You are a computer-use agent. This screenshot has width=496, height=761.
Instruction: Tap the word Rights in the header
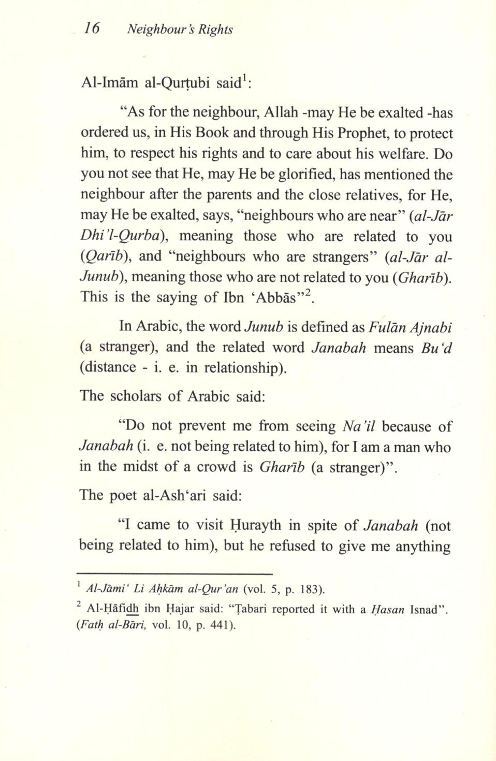point(217,30)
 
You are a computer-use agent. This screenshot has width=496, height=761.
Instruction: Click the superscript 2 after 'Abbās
point(307,294)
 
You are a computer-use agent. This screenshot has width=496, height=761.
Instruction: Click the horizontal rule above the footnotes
point(174,573)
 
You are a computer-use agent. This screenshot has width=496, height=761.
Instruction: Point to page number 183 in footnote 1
point(311,589)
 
